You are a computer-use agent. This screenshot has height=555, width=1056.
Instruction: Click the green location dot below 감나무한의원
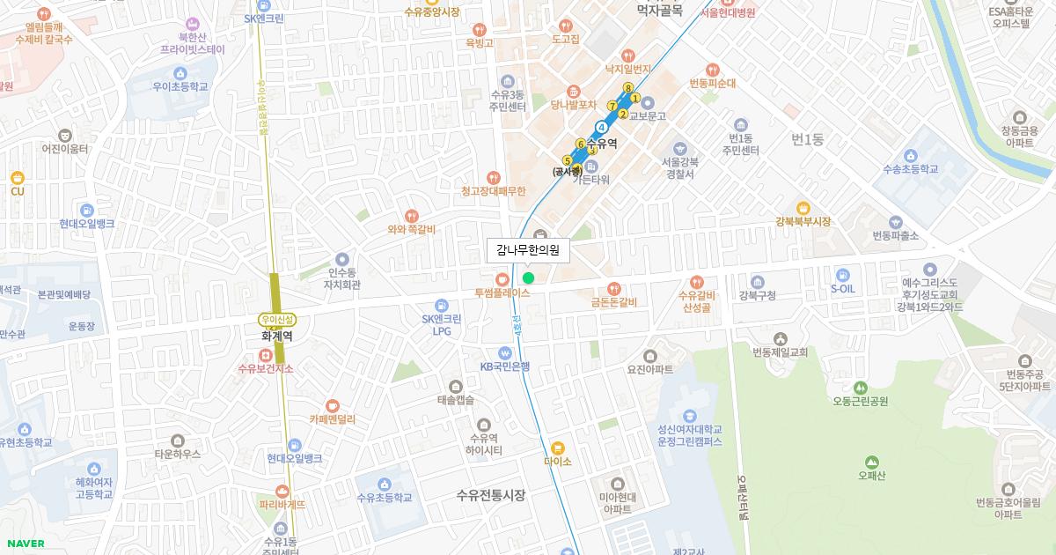528,278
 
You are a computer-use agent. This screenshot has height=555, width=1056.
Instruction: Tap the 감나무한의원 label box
528,250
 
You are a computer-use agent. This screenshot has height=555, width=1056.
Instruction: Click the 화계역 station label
277,336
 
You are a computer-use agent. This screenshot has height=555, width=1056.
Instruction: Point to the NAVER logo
25,544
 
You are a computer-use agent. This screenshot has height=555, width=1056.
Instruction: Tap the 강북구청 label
758,295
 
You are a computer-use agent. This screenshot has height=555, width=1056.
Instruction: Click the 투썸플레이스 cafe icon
502,278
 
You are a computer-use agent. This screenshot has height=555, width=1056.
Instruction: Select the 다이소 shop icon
558,448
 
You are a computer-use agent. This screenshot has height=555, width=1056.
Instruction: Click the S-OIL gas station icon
843,274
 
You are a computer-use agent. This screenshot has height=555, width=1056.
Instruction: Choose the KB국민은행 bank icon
504,352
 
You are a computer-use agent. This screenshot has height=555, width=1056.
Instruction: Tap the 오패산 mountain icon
871,462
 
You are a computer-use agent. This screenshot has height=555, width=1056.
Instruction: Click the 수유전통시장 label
491,495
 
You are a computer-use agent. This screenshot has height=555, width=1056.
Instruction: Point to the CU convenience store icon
18,177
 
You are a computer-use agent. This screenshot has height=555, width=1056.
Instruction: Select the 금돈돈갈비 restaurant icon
613,288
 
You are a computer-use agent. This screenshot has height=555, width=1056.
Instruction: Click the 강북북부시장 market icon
803,208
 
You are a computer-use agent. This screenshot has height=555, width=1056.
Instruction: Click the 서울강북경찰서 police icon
679,147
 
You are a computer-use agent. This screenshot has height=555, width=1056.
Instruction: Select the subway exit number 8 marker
627,87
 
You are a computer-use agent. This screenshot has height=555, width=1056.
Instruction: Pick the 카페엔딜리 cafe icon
332,405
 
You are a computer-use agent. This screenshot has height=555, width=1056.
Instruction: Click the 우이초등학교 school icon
180,73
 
